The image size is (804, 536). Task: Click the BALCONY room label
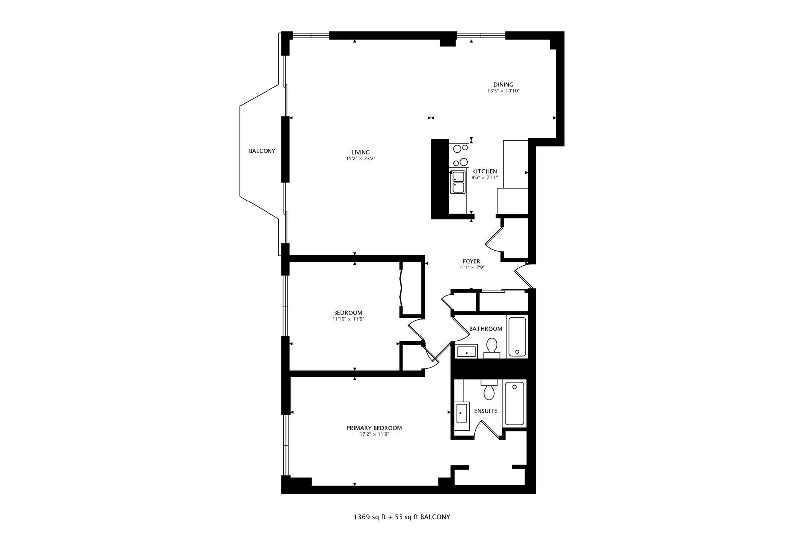pyautogui.click(x=262, y=151)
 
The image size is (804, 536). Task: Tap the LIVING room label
pyautogui.click(x=360, y=152)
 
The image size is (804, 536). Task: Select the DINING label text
pyautogui.click(x=503, y=84)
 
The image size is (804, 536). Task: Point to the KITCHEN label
pyautogui.click(x=484, y=171)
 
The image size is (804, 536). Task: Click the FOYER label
pyautogui.click(x=471, y=261)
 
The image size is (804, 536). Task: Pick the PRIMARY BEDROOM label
pyautogui.click(x=374, y=428)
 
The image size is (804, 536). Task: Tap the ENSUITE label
pyautogui.click(x=485, y=411)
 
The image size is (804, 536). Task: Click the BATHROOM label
pyautogui.click(x=486, y=329)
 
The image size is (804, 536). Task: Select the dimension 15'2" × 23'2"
pyautogui.click(x=360, y=159)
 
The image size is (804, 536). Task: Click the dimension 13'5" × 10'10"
pyautogui.click(x=503, y=91)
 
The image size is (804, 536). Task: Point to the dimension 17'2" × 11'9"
pyautogui.click(x=374, y=434)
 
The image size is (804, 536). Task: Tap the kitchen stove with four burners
pyautogui.click(x=459, y=155)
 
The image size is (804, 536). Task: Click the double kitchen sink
pyautogui.click(x=457, y=182)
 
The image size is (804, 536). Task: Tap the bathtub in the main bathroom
pyautogui.click(x=517, y=336)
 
